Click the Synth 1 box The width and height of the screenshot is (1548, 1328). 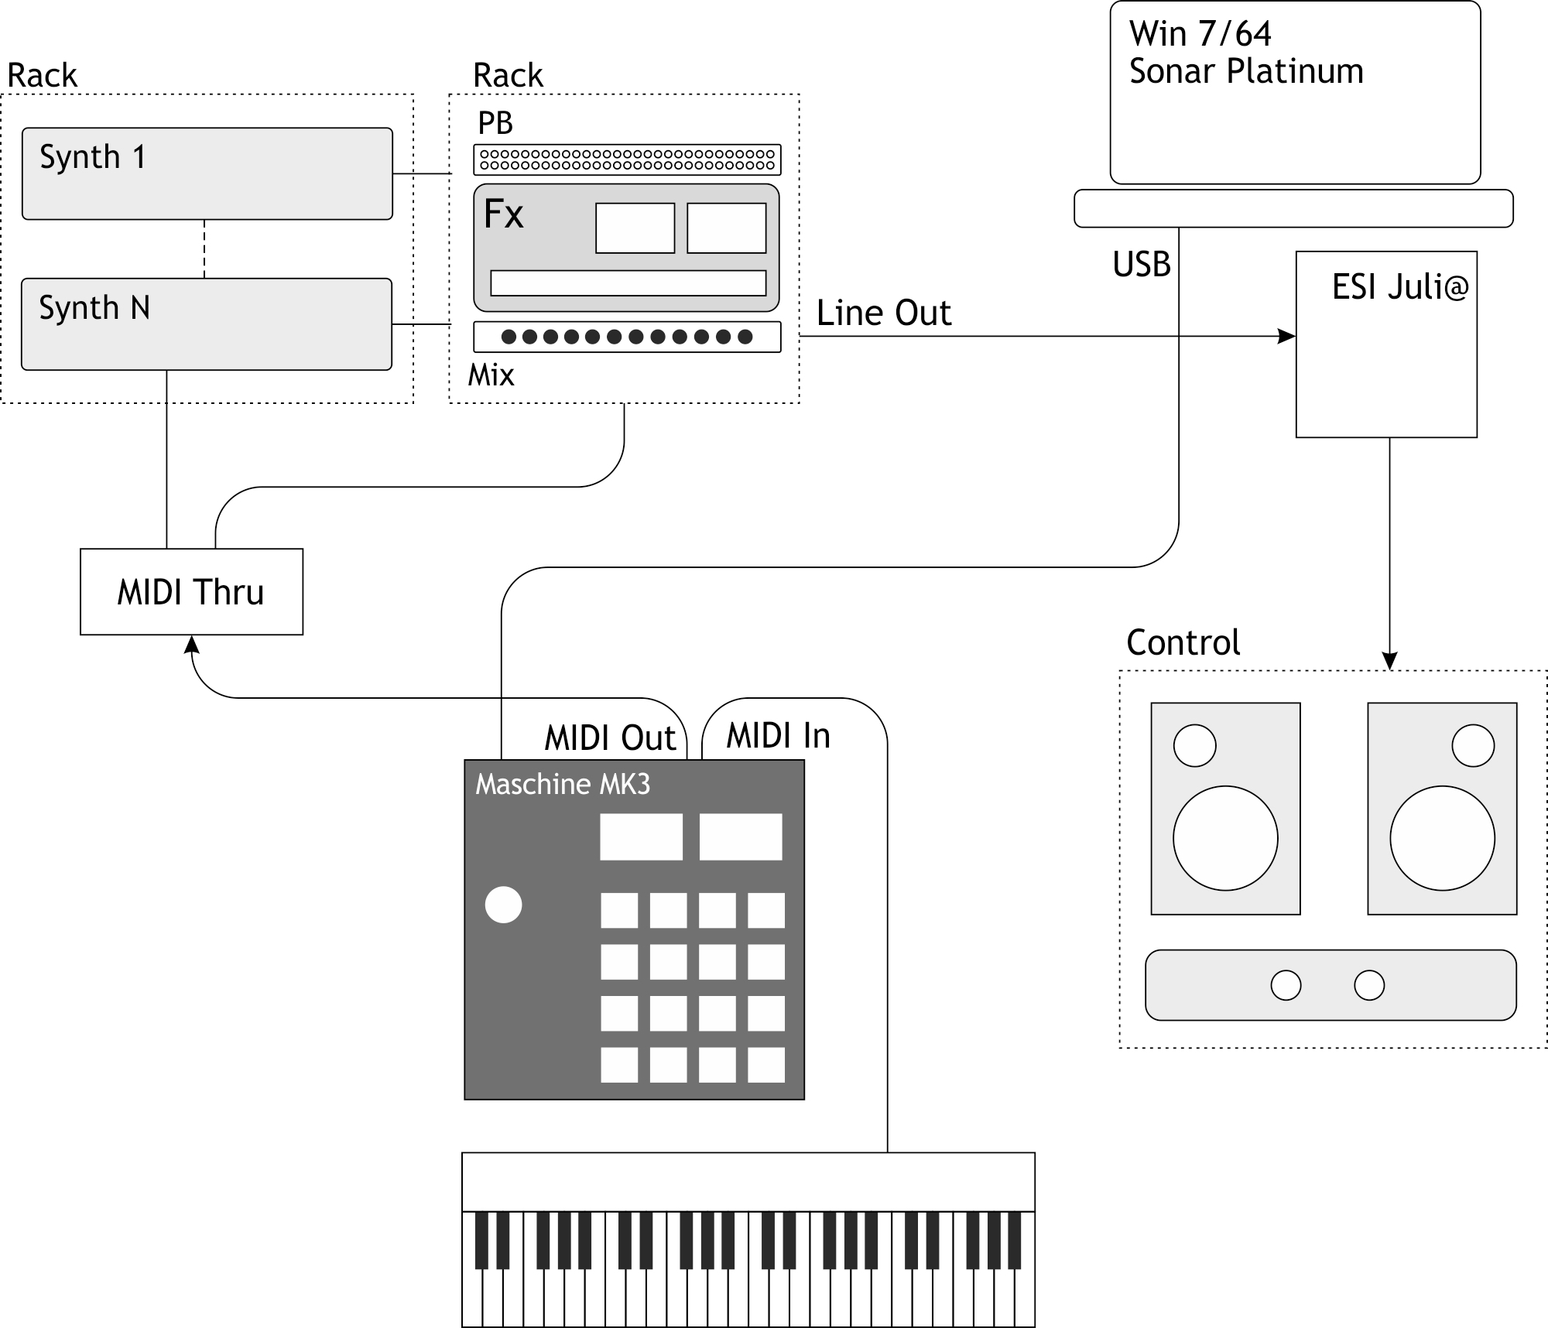coord(207,174)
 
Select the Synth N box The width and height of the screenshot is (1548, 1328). coord(207,324)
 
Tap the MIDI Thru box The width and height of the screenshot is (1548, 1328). coord(191,592)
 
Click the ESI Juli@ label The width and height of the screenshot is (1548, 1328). coord(1399,287)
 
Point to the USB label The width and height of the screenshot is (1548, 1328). coord(1141,265)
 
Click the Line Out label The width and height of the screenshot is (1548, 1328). coord(883,313)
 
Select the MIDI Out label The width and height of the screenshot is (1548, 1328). coord(610,738)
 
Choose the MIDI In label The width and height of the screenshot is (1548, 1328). coord(778,735)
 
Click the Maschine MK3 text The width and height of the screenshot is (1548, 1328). coord(562,785)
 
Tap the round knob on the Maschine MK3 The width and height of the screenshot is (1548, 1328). coord(503,905)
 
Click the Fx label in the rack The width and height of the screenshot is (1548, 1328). coord(503,214)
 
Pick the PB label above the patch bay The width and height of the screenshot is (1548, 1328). coord(495,123)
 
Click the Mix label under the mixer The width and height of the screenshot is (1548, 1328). coord(491,375)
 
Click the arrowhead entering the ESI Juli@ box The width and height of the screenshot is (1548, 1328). coord(1287,336)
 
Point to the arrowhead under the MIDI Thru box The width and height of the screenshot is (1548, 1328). coord(191,644)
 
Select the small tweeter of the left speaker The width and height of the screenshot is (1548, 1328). coord(1194,745)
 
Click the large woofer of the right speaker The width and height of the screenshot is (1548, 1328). coord(1442,838)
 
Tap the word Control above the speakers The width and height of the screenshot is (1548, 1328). coord(1183,642)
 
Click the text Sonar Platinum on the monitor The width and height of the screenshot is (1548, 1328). coord(1245,71)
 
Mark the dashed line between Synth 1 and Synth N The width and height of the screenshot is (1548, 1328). coord(204,249)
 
